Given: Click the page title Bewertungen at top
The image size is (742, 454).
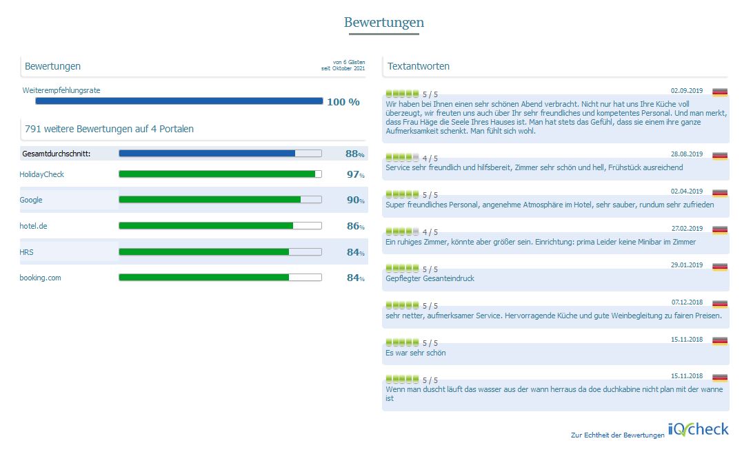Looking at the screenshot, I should (x=383, y=23).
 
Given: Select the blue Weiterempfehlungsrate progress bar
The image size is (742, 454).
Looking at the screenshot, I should (x=179, y=101).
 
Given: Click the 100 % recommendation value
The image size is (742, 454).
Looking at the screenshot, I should (x=343, y=102).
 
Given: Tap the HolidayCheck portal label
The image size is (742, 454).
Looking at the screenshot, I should (x=41, y=174).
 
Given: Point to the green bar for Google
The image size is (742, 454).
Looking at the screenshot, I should (x=210, y=200).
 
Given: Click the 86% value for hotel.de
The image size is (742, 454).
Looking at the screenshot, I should (x=354, y=226).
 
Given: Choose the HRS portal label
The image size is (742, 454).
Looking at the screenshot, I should (x=26, y=252).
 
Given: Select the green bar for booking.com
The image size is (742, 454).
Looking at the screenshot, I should (x=204, y=278).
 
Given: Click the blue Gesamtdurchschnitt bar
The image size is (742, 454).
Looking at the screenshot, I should (x=207, y=154).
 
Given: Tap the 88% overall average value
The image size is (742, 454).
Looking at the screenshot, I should (x=354, y=154).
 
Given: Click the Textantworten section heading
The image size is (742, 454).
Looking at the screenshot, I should (x=419, y=66).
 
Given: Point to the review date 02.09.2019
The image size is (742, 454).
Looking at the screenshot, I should (x=686, y=90).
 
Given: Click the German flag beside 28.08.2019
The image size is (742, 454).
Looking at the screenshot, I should (x=720, y=156).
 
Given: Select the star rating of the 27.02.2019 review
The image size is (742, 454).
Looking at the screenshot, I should (x=403, y=231).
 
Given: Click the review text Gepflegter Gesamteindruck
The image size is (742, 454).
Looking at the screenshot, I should (x=430, y=278).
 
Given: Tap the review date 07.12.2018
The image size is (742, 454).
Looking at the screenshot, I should (x=686, y=302).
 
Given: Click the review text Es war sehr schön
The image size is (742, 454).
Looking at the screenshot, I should (x=416, y=353).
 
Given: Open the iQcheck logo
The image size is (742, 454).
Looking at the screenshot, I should (x=698, y=429).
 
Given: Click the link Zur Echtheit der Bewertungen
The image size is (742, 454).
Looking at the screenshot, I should (x=617, y=435).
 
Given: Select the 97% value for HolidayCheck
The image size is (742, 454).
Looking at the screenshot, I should (x=354, y=174).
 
